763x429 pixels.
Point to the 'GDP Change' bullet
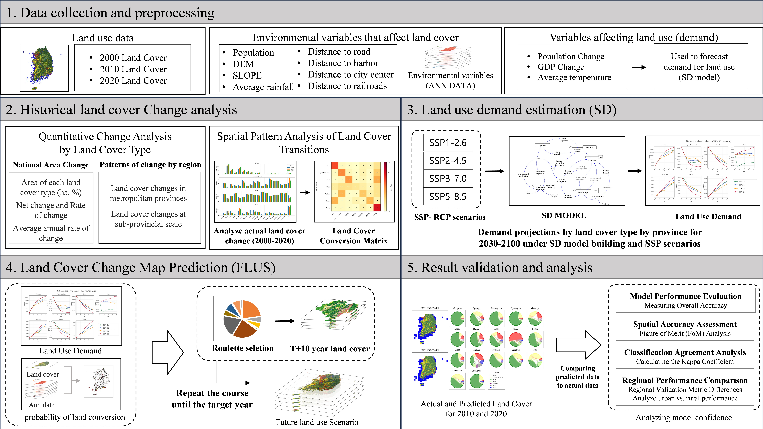[561, 67]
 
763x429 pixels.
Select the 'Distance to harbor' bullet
[343, 63]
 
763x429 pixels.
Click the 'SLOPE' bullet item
[247, 75]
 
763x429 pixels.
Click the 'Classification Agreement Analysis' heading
[685, 352]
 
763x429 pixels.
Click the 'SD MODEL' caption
[564, 216]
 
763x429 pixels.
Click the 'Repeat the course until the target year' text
[212, 399]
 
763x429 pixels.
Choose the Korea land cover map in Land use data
[44, 68]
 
